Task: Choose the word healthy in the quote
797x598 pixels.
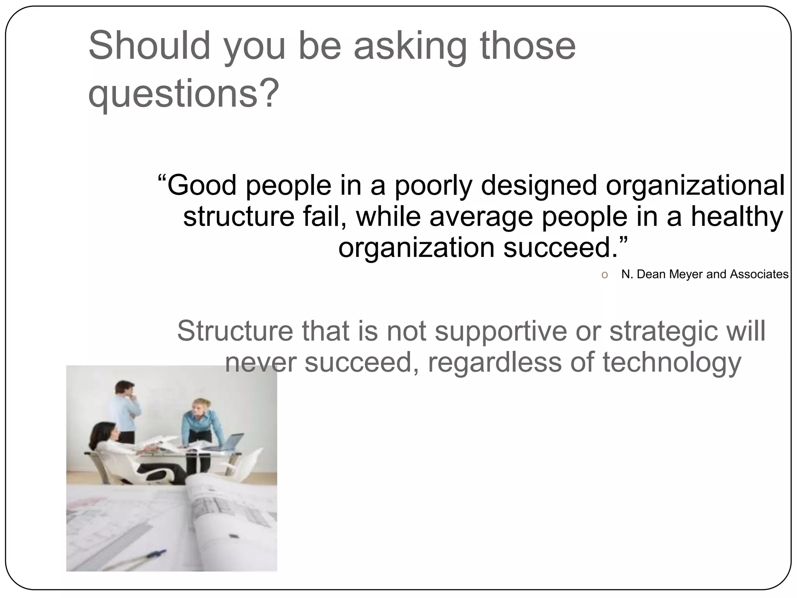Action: point(737,216)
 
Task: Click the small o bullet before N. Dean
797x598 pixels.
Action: point(604,275)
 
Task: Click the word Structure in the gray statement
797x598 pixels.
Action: point(235,331)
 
